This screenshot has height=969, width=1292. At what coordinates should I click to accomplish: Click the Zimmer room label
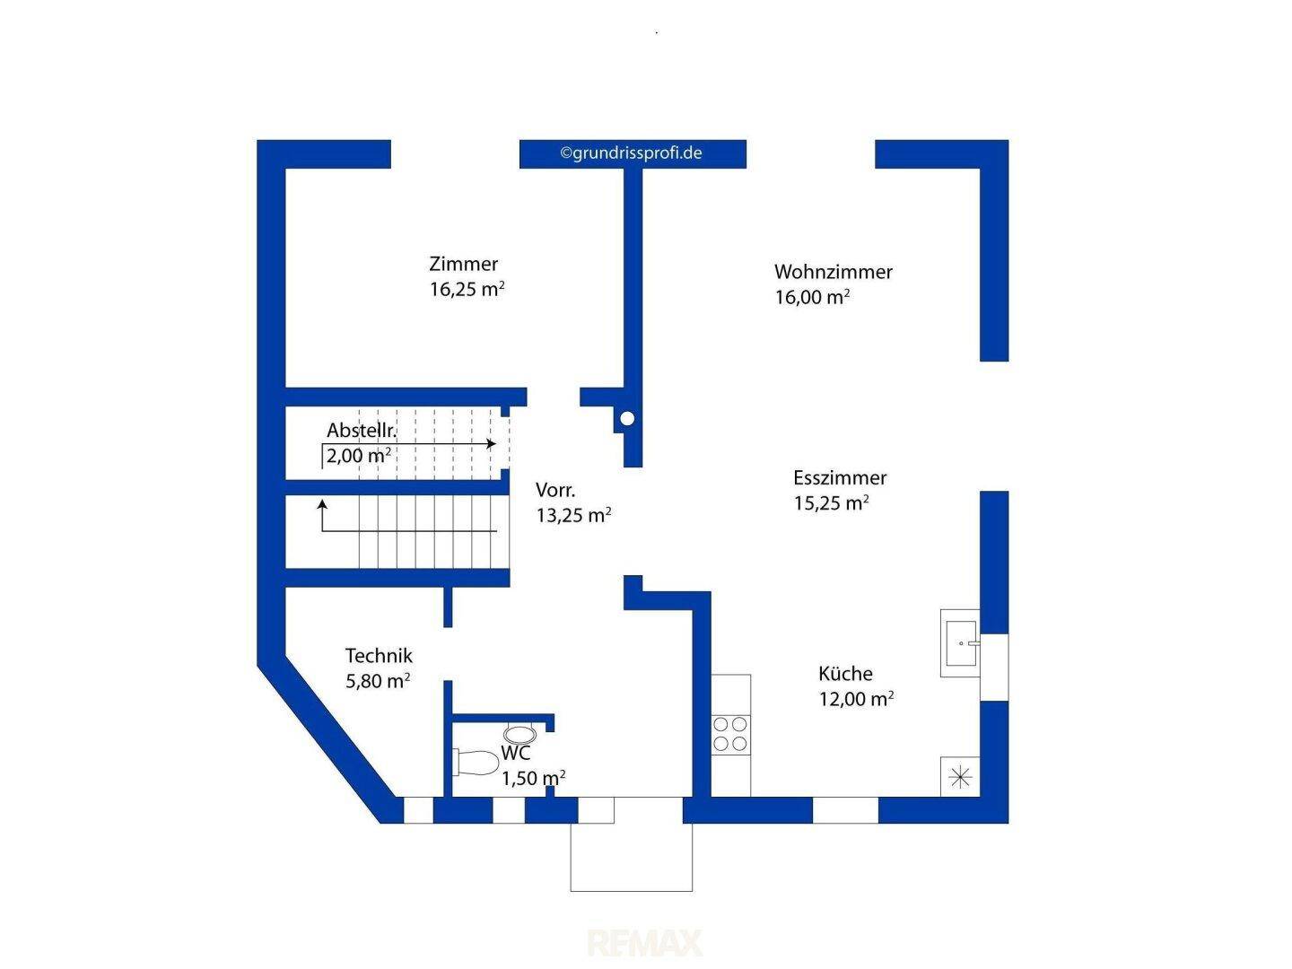(463, 264)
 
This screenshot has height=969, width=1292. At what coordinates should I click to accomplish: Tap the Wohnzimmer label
(833, 272)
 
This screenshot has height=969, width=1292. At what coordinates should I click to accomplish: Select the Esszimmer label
(840, 477)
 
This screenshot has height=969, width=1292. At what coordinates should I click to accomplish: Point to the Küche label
(845, 673)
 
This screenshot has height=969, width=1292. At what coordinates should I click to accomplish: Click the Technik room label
(379, 655)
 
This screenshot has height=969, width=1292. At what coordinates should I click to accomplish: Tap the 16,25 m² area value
(467, 289)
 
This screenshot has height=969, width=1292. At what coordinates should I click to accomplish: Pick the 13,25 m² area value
(573, 515)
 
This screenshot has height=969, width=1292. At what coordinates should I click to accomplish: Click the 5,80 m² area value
(378, 681)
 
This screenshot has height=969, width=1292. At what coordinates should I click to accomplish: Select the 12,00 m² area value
(857, 699)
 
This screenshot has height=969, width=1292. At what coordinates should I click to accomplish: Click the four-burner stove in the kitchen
(729, 734)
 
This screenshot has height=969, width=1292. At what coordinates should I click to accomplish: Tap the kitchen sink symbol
(960, 643)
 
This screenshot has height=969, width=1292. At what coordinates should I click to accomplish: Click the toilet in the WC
(476, 763)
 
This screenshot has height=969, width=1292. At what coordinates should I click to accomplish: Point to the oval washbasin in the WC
(520, 734)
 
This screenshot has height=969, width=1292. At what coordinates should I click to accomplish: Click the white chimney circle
(627, 418)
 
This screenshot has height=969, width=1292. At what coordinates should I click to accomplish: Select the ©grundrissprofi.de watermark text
(631, 153)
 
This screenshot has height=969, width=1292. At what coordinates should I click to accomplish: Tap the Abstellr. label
(362, 431)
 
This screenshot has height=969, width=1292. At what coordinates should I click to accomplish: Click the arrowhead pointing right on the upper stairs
(492, 443)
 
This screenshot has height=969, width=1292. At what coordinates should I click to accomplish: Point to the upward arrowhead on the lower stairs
(322, 504)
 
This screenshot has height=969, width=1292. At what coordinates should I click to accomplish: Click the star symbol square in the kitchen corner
(960, 777)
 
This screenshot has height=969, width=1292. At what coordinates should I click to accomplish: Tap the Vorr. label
(555, 490)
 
